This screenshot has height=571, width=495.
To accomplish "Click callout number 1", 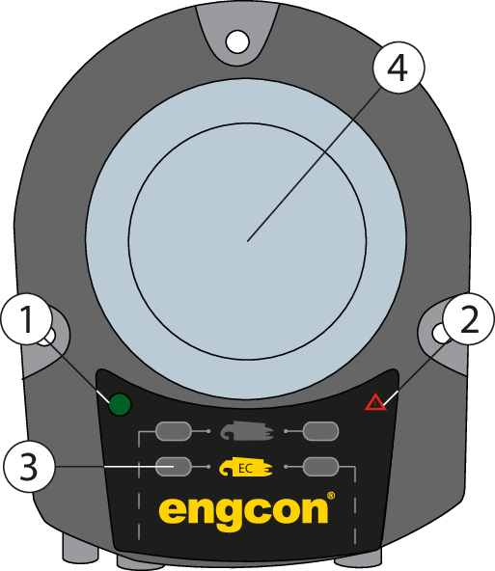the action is [27, 319].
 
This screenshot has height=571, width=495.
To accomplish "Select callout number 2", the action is [469, 319].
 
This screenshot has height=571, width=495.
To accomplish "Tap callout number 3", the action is [29, 467].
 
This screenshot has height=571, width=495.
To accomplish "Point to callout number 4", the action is [399, 68].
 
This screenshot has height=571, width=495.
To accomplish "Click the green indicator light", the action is [120, 404].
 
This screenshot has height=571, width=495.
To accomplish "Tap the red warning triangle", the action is [375, 402].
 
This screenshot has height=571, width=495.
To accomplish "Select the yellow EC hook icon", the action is [245, 467].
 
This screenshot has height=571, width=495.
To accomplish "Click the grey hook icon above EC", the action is [247, 431].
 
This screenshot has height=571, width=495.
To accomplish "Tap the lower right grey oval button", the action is [321, 467].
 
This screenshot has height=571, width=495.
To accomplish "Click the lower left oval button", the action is [173, 467].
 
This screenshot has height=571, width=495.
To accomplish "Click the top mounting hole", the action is [237, 41].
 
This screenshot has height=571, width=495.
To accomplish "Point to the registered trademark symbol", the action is [331, 496].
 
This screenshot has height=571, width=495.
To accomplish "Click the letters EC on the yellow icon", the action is [245, 469].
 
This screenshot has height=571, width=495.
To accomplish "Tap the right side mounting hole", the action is [438, 333].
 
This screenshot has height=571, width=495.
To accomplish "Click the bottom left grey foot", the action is [80, 547].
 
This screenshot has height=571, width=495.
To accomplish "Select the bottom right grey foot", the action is [358, 557].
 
